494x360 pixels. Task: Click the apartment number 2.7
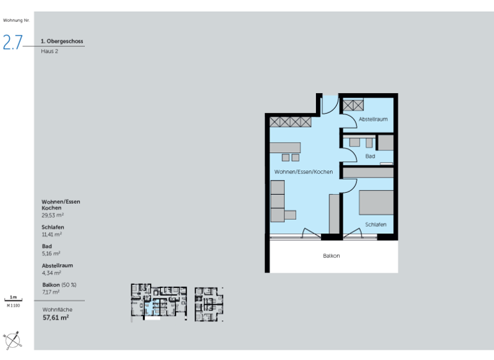pyautogui.click(x=13, y=42)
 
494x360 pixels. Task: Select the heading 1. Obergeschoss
pyautogui.click(x=62, y=41)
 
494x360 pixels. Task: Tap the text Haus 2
pyautogui.click(x=50, y=51)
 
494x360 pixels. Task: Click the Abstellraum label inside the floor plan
pyautogui.click(x=373, y=120)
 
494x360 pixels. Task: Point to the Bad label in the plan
pyautogui.click(x=370, y=156)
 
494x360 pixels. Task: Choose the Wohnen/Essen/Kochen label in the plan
pyautogui.click(x=304, y=172)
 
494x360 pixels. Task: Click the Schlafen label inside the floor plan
pyautogui.click(x=375, y=224)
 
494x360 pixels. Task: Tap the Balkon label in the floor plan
pyautogui.click(x=331, y=256)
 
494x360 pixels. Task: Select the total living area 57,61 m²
pyautogui.click(x=55, y=317)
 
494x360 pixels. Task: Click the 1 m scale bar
pyautogui.click(x=14, y=299)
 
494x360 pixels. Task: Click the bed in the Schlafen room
pyautogui.click(x=376, y=203)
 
